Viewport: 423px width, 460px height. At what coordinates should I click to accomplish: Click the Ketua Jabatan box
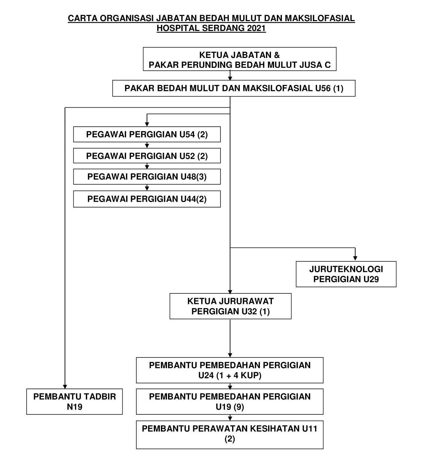[239, 59]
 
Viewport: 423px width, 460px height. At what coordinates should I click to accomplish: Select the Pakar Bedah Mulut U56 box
[234, 89]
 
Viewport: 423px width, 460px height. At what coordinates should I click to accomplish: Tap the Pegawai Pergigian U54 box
[147, 134]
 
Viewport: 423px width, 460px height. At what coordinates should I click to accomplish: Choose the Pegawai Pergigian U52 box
[147, 156]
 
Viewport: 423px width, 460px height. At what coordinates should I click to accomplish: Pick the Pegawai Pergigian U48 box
[147, 177]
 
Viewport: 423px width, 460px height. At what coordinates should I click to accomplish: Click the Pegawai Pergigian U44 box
[147, 199]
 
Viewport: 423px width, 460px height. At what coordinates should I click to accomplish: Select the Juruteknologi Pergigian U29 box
[346, 274]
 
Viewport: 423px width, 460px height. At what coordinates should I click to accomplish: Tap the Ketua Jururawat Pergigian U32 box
[230, 306]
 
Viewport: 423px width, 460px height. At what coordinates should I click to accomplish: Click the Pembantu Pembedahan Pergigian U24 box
[230, 370]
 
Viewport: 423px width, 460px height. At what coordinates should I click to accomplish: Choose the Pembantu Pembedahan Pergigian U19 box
[230, 402]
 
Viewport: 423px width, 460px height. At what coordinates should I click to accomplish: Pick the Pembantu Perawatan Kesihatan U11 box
[230, 434]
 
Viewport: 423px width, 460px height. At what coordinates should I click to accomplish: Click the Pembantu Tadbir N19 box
[74, 402]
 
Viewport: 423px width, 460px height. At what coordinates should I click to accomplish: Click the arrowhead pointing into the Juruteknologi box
[355, 259]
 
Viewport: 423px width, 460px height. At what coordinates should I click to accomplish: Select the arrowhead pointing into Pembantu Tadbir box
[65, 386]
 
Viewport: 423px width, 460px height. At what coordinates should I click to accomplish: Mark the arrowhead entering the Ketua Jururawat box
[230, 291]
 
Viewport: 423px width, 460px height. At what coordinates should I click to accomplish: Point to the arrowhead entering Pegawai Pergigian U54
[147, 124]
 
